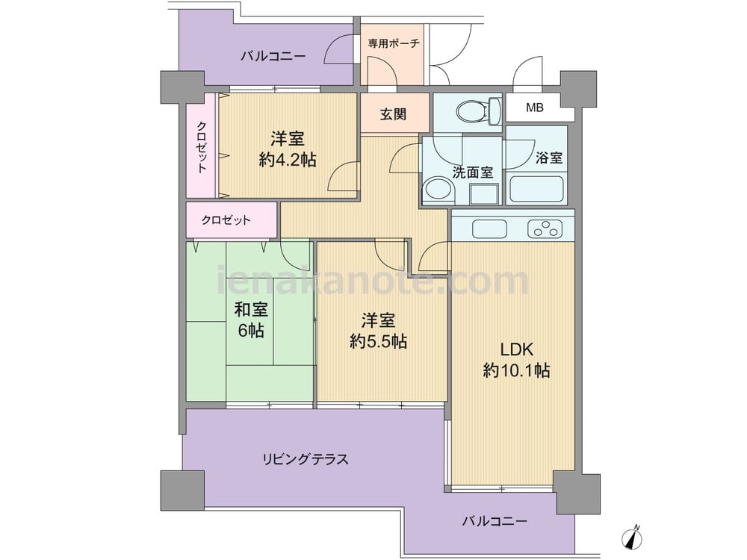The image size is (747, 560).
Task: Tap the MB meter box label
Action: pos(535,108)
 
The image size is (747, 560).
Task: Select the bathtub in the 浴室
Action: pos(536,190)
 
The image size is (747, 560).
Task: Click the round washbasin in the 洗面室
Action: pos(438,190)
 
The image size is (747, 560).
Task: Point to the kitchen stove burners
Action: pos(545,228)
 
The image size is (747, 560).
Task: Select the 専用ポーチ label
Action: pos(393,43)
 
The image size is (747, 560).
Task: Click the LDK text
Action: pos(516,349)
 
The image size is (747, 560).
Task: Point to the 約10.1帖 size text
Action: pos(516,370)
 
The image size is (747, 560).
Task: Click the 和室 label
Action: pos(251,310)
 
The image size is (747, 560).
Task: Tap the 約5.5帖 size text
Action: pos(378,341)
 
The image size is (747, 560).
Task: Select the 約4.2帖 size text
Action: pos(288,160)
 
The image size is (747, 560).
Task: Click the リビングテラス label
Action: pos(306,459)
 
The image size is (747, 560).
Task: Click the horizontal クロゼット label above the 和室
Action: pos(226,220)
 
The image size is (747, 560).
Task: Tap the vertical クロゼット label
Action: pos(202,147)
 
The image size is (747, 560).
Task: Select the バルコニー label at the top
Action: pos(273,57)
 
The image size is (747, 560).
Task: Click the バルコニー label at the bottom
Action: pos(495,521)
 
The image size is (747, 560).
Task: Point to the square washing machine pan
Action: pos(484,193)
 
